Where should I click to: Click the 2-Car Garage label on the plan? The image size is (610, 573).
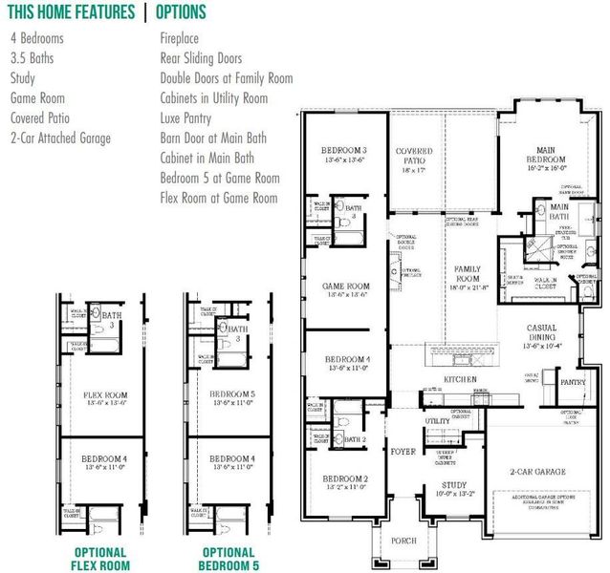(537, 472)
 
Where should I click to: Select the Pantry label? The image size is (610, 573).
(573, 382)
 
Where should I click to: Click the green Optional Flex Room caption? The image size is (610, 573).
(99, 559)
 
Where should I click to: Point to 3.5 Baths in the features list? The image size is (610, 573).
(33, 58)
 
